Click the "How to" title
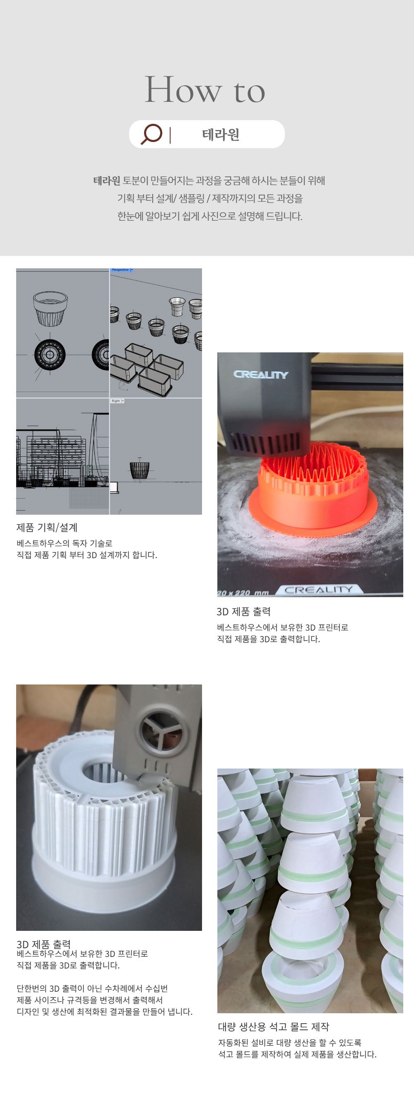point(205,89)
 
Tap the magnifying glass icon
point(151,134)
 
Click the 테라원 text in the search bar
point(220,135)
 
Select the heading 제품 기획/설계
point(47,527)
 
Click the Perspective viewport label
point(120,270)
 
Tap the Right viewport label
point(116,400)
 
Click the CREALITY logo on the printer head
point(260,374)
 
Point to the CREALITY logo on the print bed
point(319,590)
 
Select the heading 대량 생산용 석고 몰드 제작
point(273,1026)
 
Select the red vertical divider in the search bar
point(170,135)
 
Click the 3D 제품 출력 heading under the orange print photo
point(243,612)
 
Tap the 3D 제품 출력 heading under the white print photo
point(43,944)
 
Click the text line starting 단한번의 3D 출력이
point(92,988)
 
